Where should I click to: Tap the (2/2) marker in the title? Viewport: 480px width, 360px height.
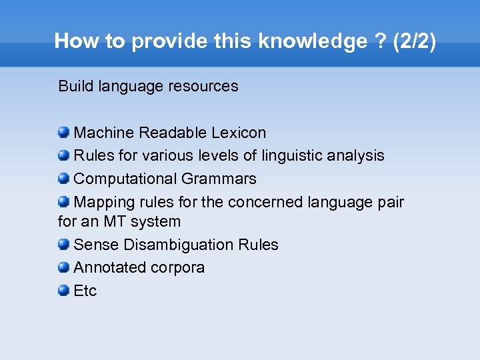pos(415,41)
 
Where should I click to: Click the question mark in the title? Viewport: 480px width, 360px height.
pos(380,41)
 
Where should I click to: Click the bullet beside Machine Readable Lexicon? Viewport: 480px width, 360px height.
pos(64,133)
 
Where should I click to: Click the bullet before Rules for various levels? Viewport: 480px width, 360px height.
pos(64,155)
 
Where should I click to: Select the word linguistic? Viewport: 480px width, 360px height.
pos(293,156)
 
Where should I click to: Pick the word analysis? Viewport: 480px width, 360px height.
pos(358,156)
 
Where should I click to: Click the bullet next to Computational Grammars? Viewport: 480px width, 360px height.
pos(64,178)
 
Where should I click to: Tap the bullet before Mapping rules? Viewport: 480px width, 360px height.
pos(64,201)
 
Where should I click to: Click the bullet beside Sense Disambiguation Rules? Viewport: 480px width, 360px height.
pos(64,244)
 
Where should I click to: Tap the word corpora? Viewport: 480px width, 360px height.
pos(178,268)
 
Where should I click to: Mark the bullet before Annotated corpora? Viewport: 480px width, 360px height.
pos(64,267)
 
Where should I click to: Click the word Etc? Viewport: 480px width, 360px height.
pos(85,291)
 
